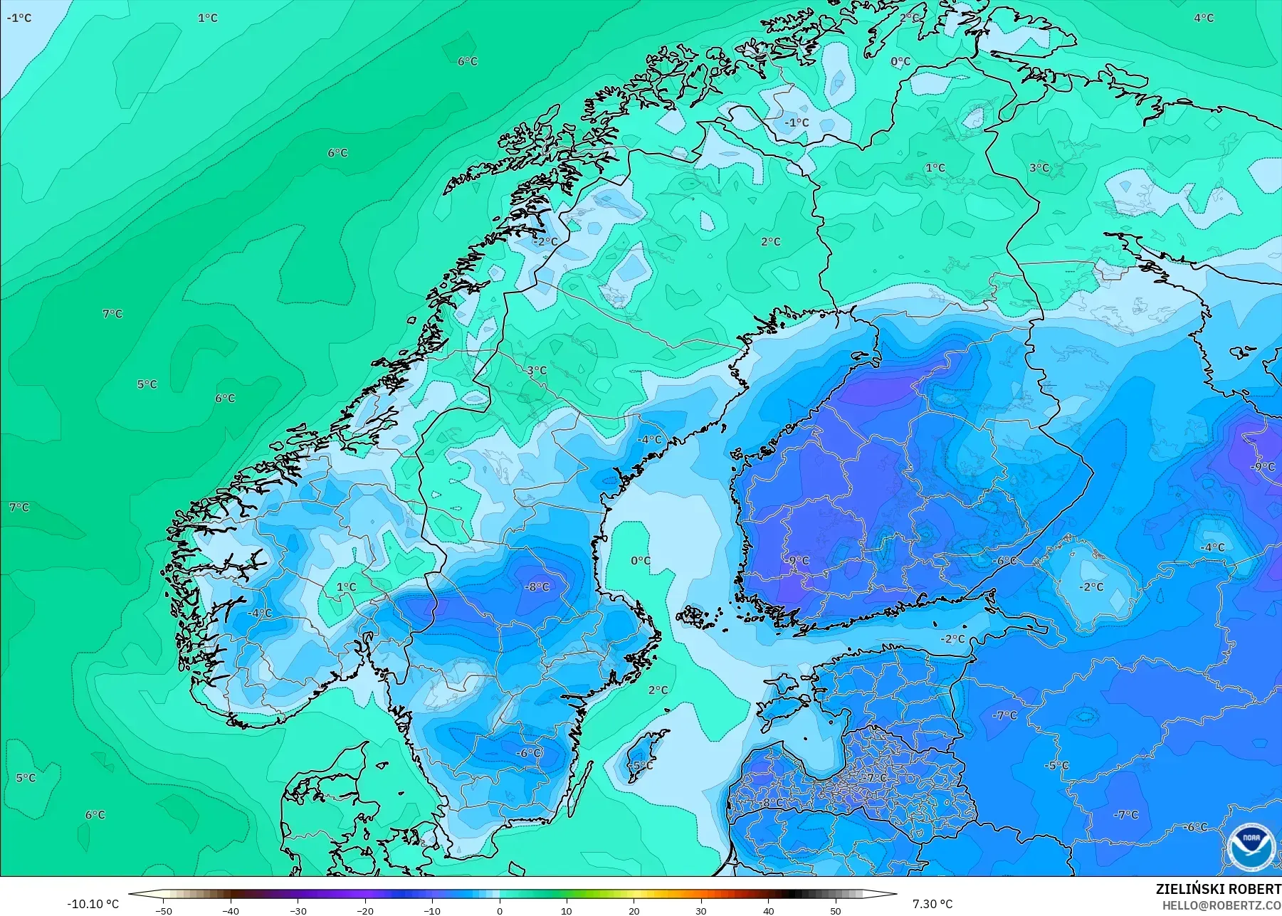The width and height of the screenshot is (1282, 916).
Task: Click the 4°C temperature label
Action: click(1204, 18)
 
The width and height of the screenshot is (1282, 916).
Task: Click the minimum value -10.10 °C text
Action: click(93, 904)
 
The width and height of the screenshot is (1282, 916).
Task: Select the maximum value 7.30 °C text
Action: click(932, 904)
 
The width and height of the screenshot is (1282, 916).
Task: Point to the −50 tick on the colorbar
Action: click(164, 910)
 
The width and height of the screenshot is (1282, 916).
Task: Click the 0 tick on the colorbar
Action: click(500, 910)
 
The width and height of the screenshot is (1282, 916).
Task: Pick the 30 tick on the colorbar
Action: click(701, 910)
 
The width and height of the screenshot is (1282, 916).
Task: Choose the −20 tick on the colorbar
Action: click(365, 910)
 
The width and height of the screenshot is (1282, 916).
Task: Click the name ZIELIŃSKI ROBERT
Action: click(1218, 890)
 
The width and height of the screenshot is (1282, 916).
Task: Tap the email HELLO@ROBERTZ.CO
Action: click(1221, 905)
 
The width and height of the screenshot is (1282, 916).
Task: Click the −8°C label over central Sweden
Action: click(537, 587)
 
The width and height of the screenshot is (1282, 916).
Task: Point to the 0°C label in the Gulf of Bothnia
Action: click(641, 560)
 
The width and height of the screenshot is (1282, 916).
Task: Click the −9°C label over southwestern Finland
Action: click(797, 560)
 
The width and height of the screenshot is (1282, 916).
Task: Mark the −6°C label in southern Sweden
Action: click(529, 753)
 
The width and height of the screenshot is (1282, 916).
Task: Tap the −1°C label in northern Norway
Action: click(797, 122)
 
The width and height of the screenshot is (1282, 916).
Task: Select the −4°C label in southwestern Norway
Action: click(260, 613)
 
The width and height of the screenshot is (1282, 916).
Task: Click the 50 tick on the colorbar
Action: click(835, 910)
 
